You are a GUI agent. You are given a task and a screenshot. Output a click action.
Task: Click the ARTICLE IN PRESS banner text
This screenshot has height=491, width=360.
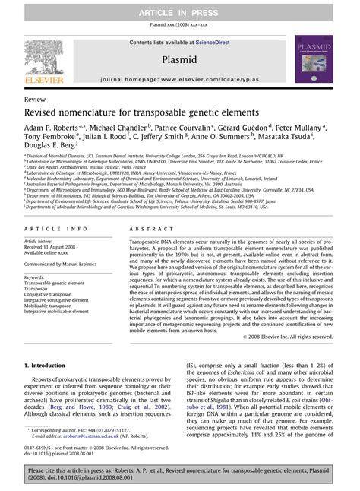179,7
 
